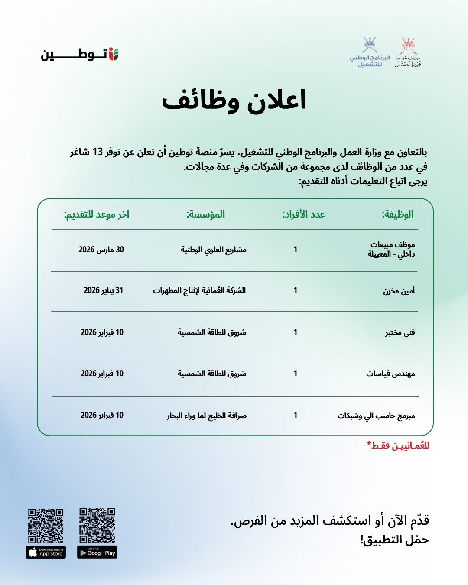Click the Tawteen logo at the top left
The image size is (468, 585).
pyautogui.click(x=80, y=55)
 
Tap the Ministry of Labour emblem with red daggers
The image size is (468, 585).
pyautogui.click(x=408, y=52)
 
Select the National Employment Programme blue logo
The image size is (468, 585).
pyautogui.click(x=370, y=52)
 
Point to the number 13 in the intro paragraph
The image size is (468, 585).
pyautogui.click(x=97, y=152)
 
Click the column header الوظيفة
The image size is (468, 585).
pyautogui.click(x=397, y=214)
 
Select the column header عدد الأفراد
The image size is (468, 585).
pyautogui.click(x=303, y=214)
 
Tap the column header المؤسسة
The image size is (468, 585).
pyautogui.click(x=206, y=214)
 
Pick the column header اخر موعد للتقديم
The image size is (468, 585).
pyautogui.click(x=97, y=214)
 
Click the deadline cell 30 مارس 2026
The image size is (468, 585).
pyautogui.click(x=101, y=250)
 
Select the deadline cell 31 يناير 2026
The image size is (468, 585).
pyautogui.click(x=103, y=290)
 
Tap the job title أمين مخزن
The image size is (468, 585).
pyautogui.click(x=399, y=291)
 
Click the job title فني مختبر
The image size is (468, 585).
pyautogui.click(x=400, y=332)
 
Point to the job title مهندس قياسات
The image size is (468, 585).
pyautogui.click(x=390, y=374)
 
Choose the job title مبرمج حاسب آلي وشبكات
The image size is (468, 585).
pyautogui.click(x=376, y=416)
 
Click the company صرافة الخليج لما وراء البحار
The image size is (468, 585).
pyautogui.click(x=207, y=416)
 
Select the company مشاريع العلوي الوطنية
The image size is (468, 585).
pyautogui.click(x=214, y=250)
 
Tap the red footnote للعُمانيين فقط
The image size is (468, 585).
pyautogui.click(x=398, y=445)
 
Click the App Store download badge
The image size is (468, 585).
pyautogui.click(x=46, y=552)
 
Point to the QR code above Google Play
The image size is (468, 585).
pyautogui.click(x=97, y=526)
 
